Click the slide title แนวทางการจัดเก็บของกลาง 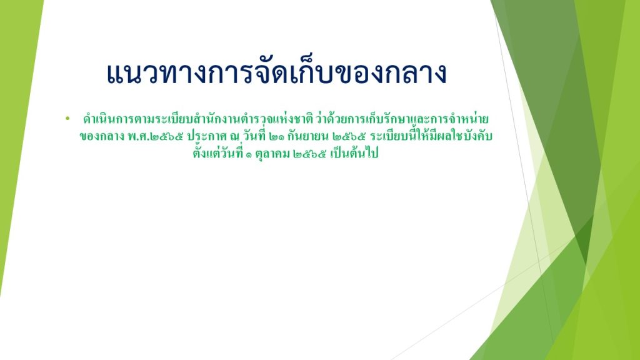click(x=276, y=74)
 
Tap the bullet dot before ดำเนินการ click(x=67, y=119)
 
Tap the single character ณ click(x=234, y=137)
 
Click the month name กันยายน click(x=308, y=136)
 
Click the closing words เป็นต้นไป click(x=354, y=153)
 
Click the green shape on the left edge click(x=16, y=122)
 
